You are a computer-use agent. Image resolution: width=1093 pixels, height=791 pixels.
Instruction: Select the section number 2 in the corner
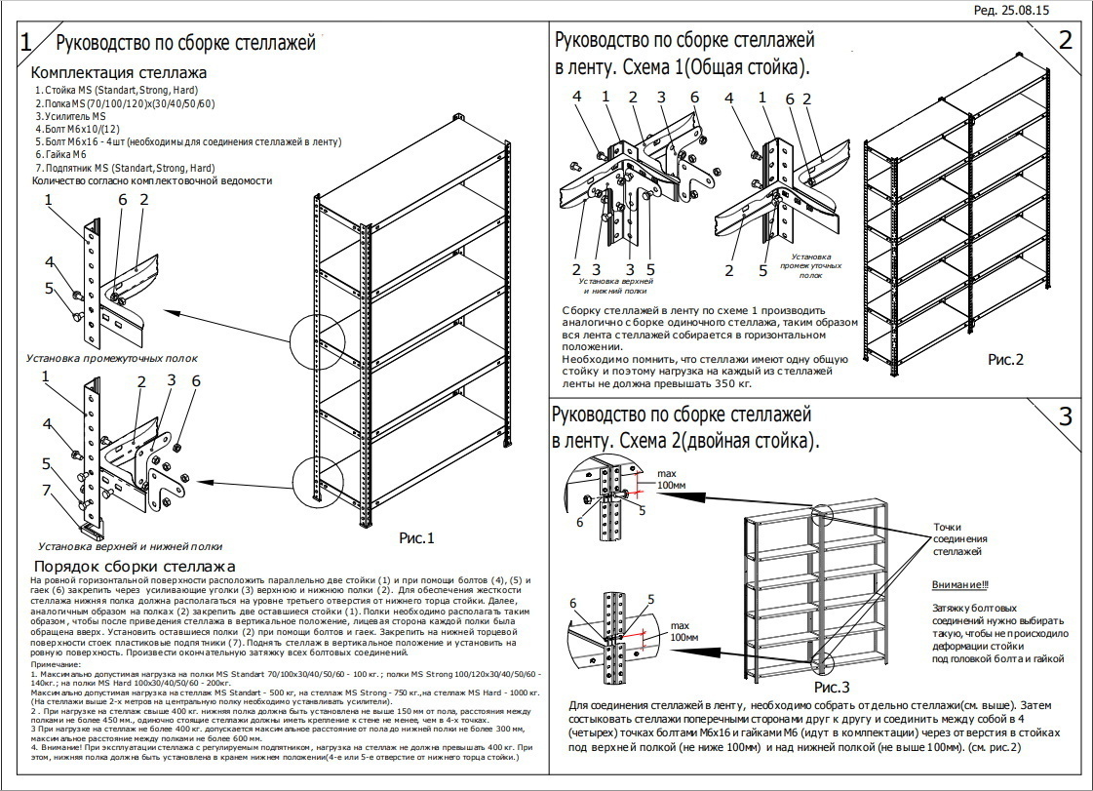pos(1065,40)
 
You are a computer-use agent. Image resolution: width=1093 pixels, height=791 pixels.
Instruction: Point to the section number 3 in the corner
pos(1066,416)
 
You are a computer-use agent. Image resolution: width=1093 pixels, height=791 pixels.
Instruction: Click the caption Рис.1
pos(416,537)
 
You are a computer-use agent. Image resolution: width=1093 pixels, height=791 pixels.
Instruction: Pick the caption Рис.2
pos(1005,359)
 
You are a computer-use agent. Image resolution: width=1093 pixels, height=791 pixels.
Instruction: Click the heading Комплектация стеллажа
pos(119,73)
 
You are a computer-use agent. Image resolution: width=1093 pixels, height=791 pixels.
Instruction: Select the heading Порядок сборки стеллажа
pos(135,567)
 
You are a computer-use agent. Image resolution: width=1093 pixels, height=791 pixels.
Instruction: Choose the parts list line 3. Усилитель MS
pos(70,116)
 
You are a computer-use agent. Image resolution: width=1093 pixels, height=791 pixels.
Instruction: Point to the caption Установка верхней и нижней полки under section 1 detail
pos(130,546)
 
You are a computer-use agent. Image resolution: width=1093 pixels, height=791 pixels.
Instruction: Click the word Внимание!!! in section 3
pos(959,585)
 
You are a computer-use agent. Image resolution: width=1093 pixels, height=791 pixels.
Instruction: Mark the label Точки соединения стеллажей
pos(960,538)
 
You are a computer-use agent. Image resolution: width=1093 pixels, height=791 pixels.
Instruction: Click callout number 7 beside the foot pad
pos(46,489)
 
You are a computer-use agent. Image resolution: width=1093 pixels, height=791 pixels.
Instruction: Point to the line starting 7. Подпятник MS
pos(125,167)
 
